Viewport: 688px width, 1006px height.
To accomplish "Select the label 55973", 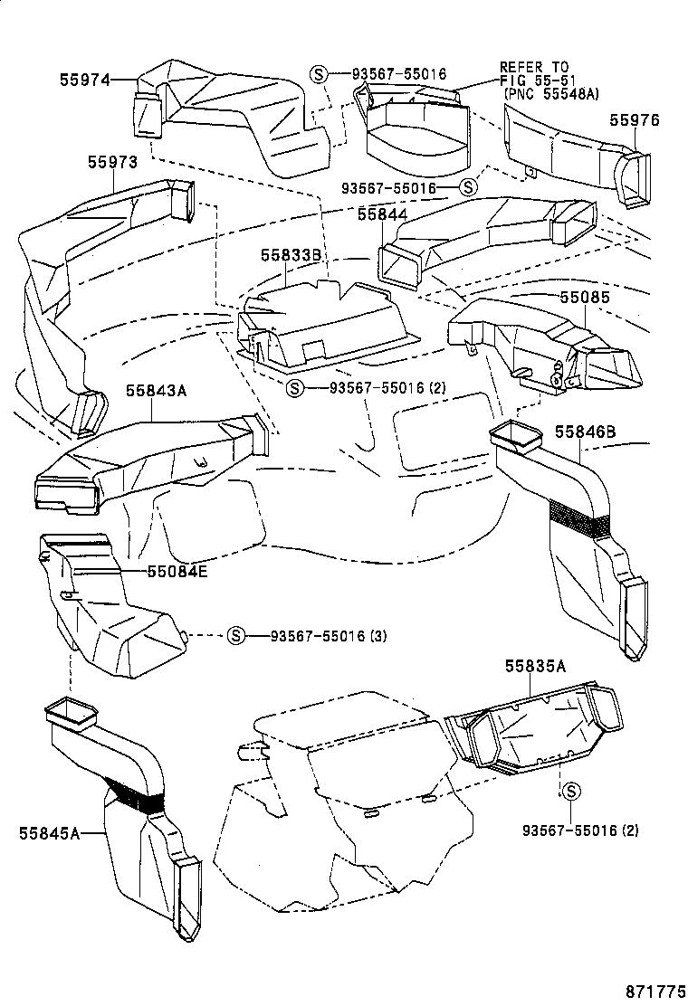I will click(x=112, y=162).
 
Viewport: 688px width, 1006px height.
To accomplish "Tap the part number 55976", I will click(x=634, y=120).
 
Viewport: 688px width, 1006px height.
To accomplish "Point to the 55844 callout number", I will click(x=382, y=214).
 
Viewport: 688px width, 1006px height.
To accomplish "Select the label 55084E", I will click(x=177, y=571).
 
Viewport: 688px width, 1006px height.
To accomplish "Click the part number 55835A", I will click(x=535, y=667).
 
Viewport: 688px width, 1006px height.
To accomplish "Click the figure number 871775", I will click(x=653, y=988).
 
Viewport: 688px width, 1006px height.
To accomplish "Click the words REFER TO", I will click(x=534, y=67).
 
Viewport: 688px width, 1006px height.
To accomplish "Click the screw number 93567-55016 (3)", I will click(x=328, y=635).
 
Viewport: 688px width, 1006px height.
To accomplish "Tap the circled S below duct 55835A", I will click(x=571, y=791).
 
